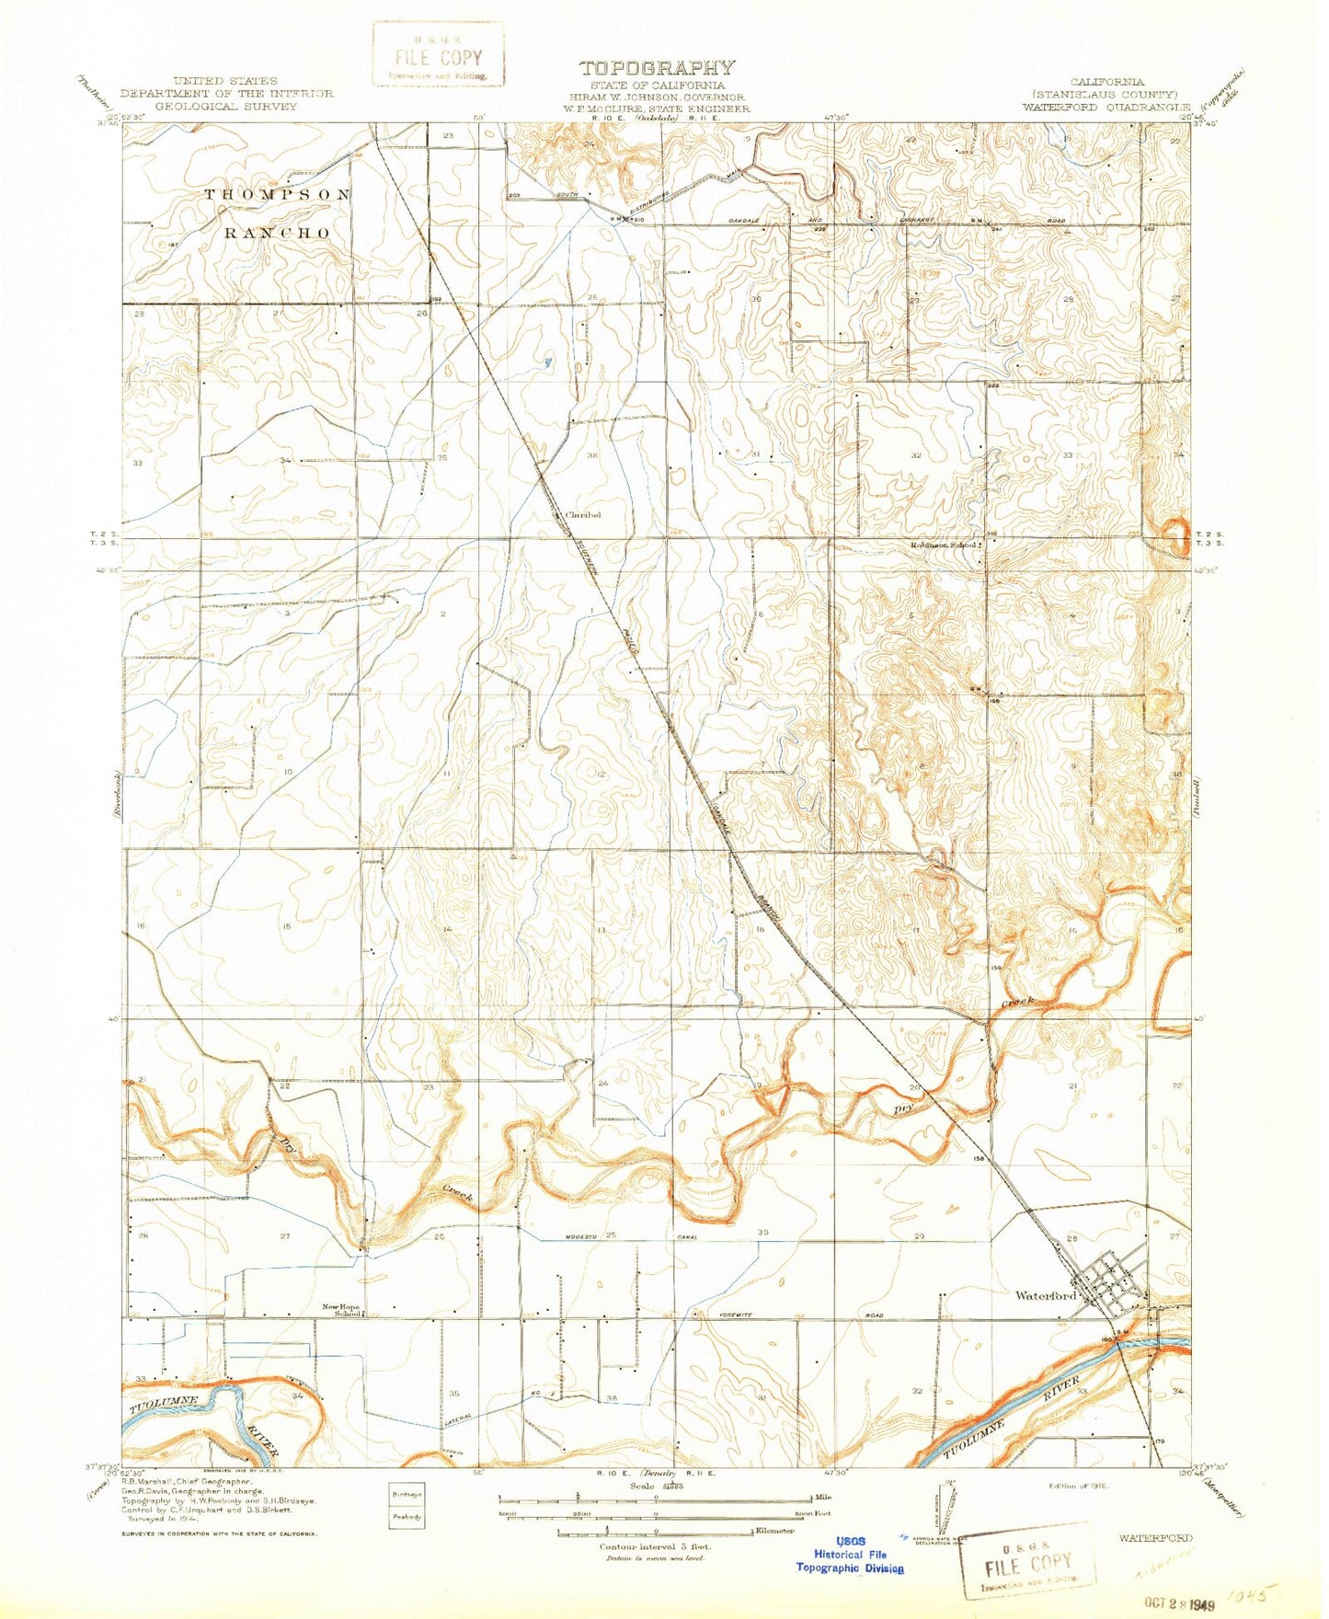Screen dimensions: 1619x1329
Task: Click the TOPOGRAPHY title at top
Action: click(657, 67)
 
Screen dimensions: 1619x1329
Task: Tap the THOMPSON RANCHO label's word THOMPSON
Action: click(277, 195)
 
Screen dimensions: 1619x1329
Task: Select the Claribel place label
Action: click(583, 515)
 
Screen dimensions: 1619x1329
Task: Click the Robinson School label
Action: click(943, 545)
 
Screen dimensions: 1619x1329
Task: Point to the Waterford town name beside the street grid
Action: click(1045, 1296)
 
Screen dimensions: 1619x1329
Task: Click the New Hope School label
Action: click(340, 1309)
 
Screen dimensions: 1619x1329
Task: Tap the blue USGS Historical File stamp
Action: click(850, 1554)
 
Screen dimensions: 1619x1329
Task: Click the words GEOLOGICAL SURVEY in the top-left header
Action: click(225, 106)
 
